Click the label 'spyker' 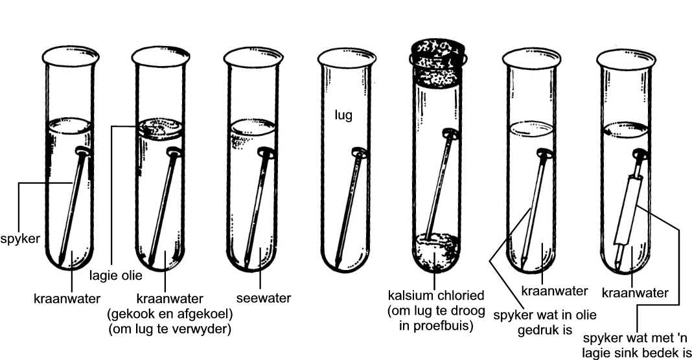(21, 239)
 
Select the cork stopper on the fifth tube (436, 63)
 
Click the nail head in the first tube (82, 153)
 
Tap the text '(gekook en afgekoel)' (169, 314)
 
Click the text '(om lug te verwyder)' (169, 329)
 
